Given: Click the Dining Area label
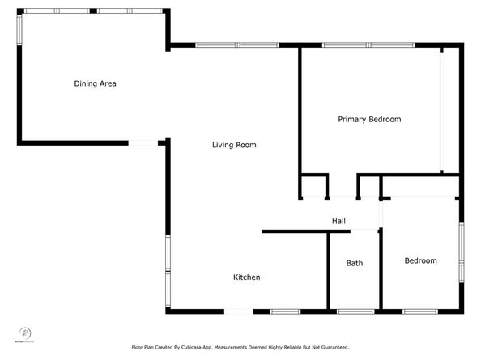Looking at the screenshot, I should coord(96,83).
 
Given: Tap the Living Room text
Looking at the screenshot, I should coord(234,146).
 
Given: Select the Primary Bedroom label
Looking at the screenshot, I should coord(369,120).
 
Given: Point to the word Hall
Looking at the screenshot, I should coord(338,221).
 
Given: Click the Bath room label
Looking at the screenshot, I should coord(355,263).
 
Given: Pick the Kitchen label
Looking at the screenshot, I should coord(247,277).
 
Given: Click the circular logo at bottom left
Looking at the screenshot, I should coord(24,333).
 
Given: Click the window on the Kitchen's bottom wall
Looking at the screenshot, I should coord(285,311).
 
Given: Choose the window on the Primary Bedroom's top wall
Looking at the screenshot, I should coord(368,44).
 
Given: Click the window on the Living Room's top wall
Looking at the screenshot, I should coord(236,44).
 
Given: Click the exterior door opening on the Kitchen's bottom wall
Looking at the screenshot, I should coord(237,311).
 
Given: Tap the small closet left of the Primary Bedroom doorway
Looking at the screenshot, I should coord(314,186).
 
